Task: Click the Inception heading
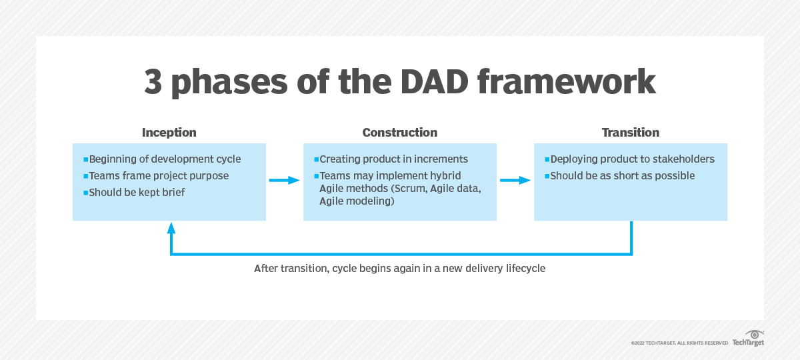click(x=169, y=133)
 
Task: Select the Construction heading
click(x=400, y=133)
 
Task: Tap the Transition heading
click(x=630, y=133)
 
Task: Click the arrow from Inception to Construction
click(x=284, y=180)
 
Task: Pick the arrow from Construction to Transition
click(x=515, y=180)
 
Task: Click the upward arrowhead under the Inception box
click(x=171, y=228)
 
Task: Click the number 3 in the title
click(x=155, y=81)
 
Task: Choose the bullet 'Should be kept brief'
click(x=137, y=193)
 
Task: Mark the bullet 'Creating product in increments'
click(x=394, y=159)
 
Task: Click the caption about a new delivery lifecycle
click(x=399, y=269)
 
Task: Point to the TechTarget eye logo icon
click(x=754, y=333)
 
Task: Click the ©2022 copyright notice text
click(x=679, y=343)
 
